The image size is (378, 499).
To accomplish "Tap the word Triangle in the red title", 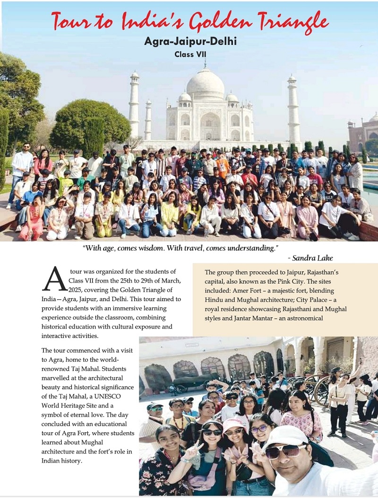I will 293,21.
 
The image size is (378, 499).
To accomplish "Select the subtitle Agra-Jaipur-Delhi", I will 190,41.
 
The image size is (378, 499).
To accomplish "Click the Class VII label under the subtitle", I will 190,54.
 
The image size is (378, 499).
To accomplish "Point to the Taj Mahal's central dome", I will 205,84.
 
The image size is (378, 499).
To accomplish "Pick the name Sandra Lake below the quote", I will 313,258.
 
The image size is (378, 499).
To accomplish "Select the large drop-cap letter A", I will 54,279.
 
